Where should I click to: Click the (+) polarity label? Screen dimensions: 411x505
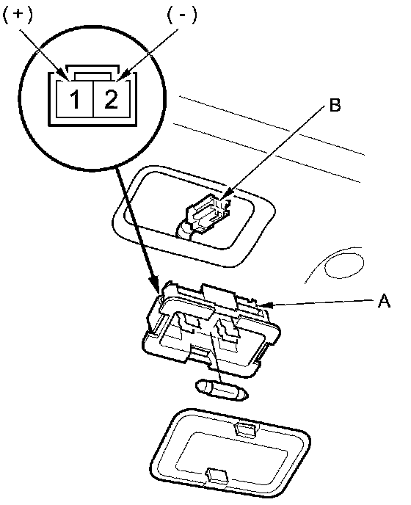point(18,15)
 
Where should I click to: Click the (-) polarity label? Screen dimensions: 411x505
point(182,15)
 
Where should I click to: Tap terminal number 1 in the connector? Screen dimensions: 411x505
point(75,99)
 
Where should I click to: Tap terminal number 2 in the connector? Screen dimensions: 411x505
point(111,98)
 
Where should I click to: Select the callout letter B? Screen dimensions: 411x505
point(335,105)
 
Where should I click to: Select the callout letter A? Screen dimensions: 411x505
point(384,302)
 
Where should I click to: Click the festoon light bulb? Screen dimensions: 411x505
point(222,390)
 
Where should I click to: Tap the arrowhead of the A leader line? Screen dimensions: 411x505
point(265,305)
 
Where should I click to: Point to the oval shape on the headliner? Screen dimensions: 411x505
point(343,266)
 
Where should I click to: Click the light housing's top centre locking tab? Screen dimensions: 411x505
point(219,297)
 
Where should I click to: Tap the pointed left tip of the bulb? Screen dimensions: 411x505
point(196,385)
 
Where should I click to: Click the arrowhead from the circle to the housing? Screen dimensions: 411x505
point(156,286)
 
